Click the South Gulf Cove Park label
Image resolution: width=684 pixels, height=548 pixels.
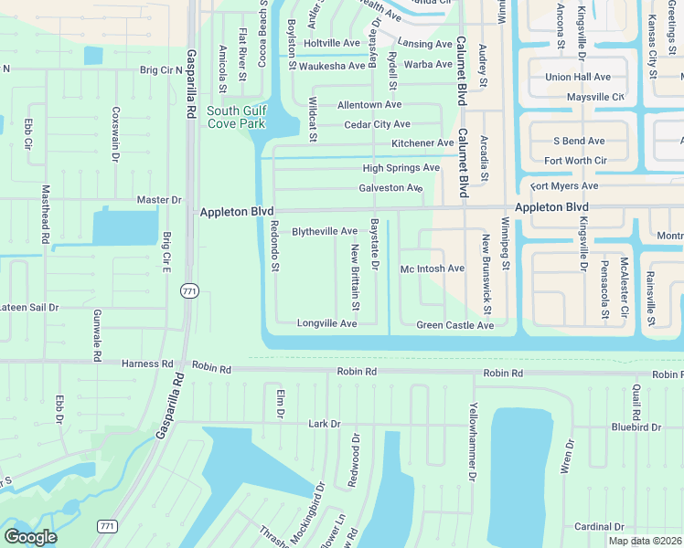point(236,118)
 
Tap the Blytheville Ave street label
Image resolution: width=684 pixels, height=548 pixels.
point(324,232)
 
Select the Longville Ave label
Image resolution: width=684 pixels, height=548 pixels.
point(326,324)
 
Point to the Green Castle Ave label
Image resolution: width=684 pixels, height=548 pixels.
point(454,325)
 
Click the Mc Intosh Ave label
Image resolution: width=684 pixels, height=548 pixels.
point(433,269)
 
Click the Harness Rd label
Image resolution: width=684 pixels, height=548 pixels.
point(147,364)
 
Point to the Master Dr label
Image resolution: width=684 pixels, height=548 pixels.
point(159,200)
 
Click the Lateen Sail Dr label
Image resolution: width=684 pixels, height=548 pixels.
point(28,308)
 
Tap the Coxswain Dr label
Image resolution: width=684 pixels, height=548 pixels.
point(115,134)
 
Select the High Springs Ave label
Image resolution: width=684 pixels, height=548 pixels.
point(401,168)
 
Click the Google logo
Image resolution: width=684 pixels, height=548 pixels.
point(29,537)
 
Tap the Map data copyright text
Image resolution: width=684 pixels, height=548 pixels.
point(646,541)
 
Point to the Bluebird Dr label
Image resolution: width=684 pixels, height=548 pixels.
point(637,427)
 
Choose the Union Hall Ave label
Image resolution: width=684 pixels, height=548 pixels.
point(578,78)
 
